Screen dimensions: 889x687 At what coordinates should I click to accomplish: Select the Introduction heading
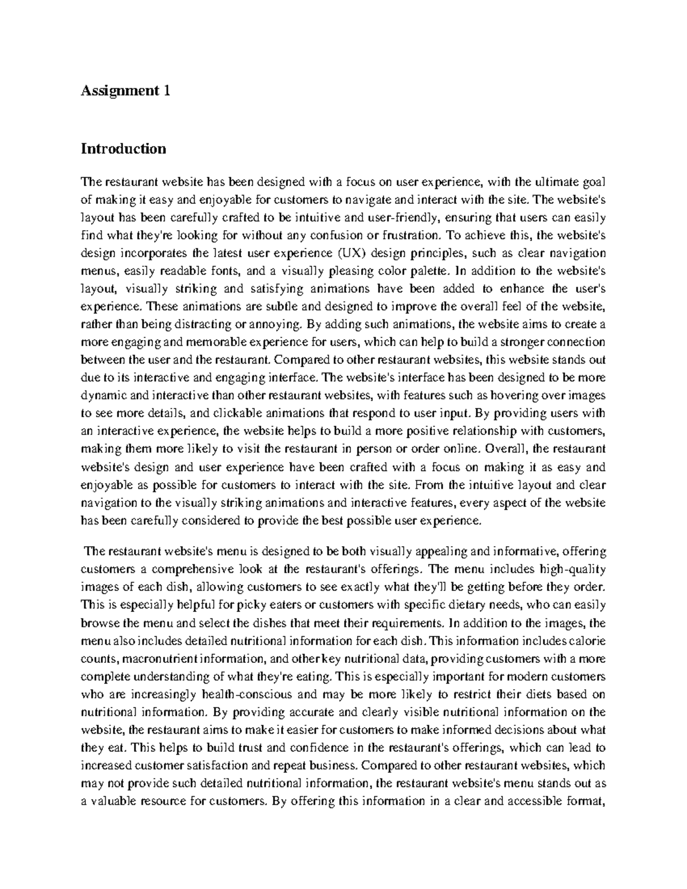point(124,149)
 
